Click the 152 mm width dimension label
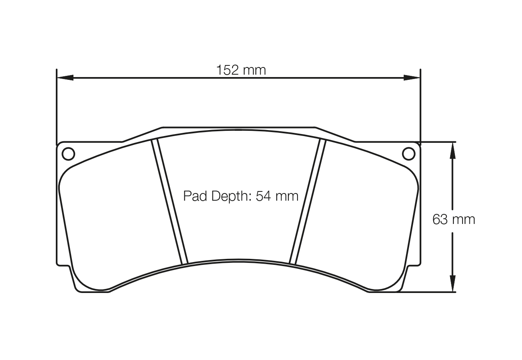click(241, 70)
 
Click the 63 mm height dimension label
click(453, 220)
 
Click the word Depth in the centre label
click(228, 196)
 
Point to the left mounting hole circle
click(68, 154)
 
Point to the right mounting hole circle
click(408, 154)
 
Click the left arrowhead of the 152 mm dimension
click(65, 77)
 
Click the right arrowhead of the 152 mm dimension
click(412, 77)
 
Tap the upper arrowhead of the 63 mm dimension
click(453, 150)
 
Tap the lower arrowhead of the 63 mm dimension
click(453, 283)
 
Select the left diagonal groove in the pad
click(169, 201)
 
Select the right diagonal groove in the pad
click(307, 201)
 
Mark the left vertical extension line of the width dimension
click(57, 106)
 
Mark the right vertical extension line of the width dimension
click(420, 106)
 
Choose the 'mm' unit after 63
click(463, 220)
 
